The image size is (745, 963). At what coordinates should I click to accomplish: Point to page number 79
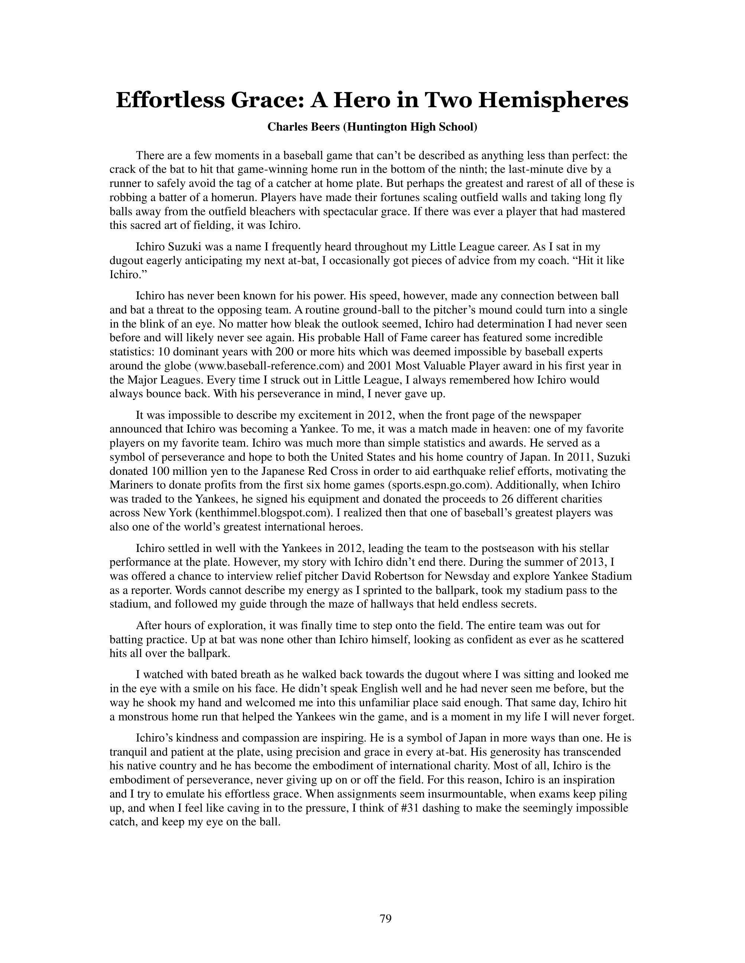tap(385, 918)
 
